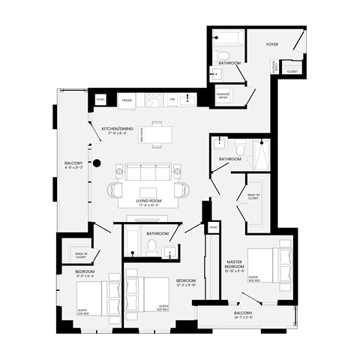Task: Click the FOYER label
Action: pos(272,45)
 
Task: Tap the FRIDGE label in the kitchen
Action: pos(127,99)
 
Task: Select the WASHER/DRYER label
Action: pos(223,96)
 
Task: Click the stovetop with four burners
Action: pos(154,99)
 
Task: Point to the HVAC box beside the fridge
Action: pos(100,99)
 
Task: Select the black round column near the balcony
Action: pos(97,163)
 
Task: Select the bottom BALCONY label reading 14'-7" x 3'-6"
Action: pos(244,313)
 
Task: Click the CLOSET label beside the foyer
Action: pos(292,72)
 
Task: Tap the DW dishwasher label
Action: pos(172,99)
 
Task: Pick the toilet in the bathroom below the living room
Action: pos(151,247)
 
